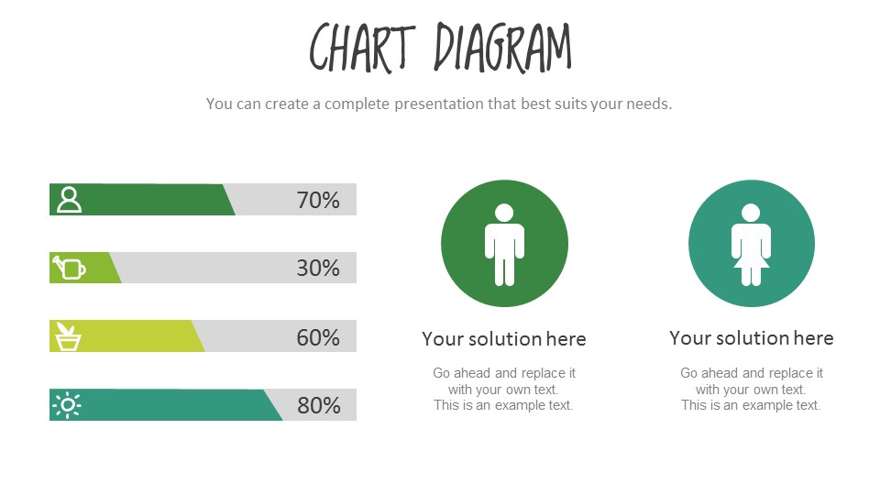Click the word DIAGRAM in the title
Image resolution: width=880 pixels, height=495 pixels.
(x=502, y=47)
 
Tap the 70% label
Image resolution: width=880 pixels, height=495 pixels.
(x=318, y=200)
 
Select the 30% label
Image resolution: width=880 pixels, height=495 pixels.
(x=318, y=268)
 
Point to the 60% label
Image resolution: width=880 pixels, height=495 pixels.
(x=318, y=336)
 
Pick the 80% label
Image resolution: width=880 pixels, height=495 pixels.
(x=318, y=405)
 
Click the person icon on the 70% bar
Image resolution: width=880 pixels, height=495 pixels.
(x=69, y=199)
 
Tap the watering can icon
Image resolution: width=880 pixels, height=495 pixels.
(x=69, y=268)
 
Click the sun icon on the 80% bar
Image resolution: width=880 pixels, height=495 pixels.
(x=68, y=404)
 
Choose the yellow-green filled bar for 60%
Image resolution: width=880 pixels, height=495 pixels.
(x=137, y=336)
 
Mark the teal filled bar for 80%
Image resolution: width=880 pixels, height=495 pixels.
(x=174, y=404)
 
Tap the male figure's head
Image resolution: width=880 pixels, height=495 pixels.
(x=504, y=213)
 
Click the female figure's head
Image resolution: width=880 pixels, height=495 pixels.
(x=751, y=213)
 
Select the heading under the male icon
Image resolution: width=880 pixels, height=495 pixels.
(x=504, y=339)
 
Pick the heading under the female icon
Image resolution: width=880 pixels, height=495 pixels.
(x=751, y=338)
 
